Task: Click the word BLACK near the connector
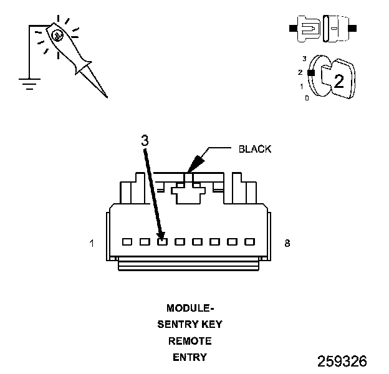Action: coord(256,150)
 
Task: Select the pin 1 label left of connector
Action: coord(92,244)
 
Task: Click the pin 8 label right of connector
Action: coord(287,244)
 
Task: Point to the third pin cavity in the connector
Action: coord(162,241)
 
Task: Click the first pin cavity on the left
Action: coord(127,241)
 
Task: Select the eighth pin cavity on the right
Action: coord(249,241)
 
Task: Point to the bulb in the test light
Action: coord(57,36)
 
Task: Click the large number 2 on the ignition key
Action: coord(339,80)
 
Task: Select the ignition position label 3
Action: coord(304,59)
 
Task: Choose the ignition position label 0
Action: coord(306,98)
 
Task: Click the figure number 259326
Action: coord(342,362)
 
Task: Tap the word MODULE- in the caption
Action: coord(190,308)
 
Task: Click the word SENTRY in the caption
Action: coord(178,325)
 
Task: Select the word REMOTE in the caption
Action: coord(190,341)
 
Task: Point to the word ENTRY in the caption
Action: coord(190,358)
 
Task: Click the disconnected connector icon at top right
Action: coord(321,29)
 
